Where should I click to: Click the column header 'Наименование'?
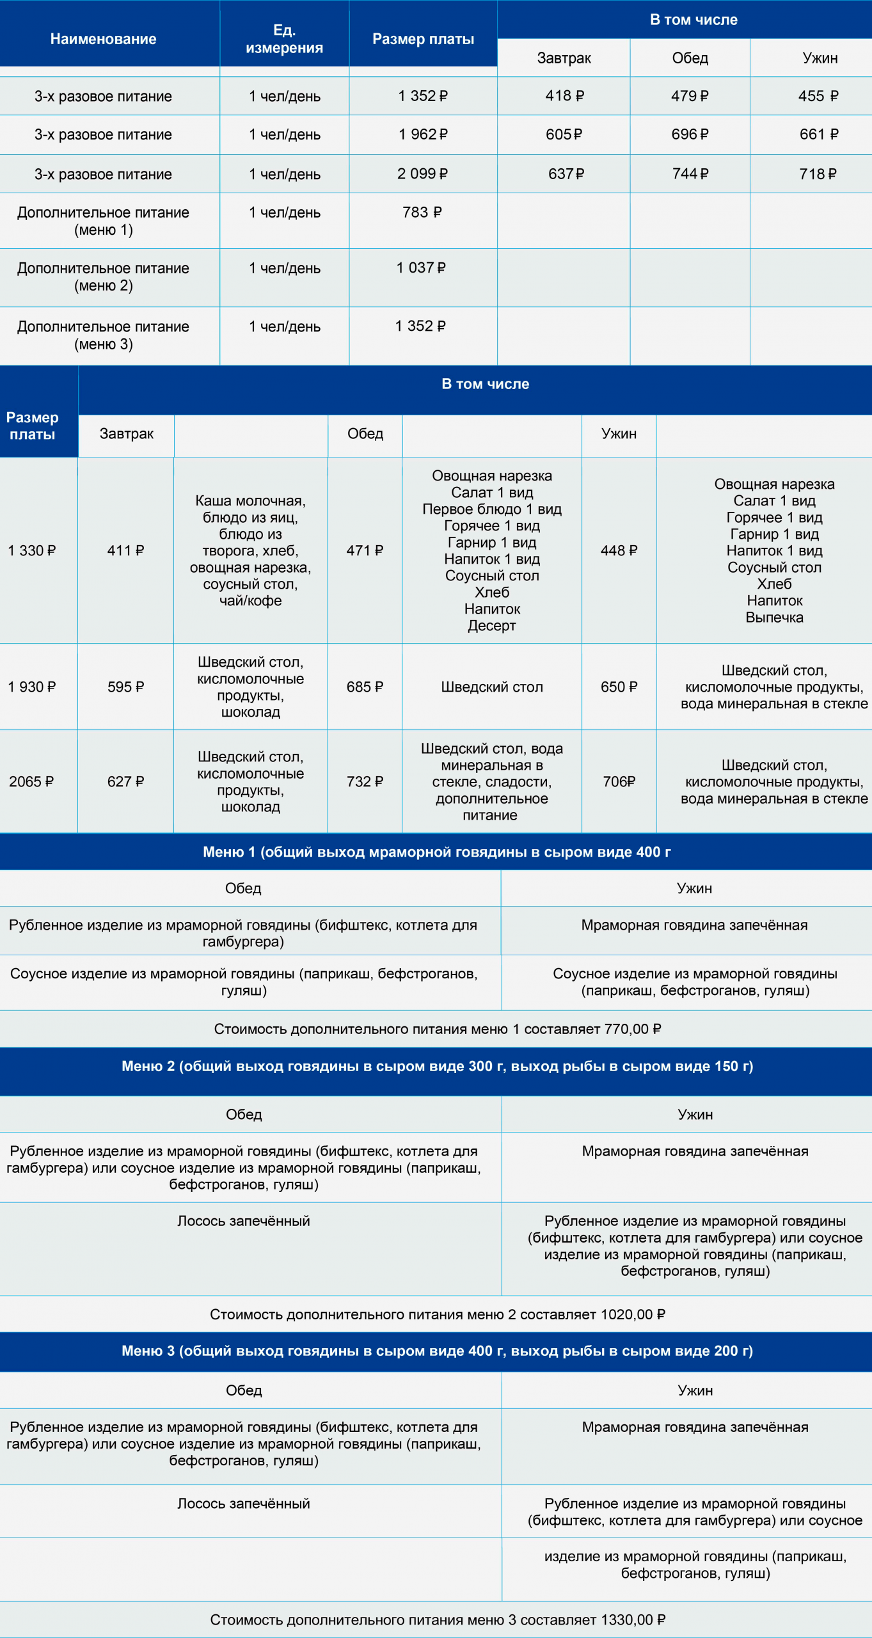103,39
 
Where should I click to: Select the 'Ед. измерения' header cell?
284,39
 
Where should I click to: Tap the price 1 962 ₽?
423,134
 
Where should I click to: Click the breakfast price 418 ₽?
564,96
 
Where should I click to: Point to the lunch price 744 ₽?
690,173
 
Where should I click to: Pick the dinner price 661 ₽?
819,134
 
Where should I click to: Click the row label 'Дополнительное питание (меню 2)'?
103,277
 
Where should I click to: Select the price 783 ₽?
422,212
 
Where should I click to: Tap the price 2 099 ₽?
422,173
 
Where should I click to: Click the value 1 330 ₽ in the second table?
32,551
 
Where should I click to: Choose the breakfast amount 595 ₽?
126,687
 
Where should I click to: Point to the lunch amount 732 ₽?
365,782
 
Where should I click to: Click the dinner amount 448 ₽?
619,551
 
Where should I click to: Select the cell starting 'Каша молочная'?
250,550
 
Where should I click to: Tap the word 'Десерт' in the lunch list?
491,626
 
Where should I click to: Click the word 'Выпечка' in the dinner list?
774,617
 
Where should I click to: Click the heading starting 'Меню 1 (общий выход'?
436,852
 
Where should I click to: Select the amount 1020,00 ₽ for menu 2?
633,1315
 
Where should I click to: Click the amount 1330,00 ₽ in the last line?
633,1620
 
